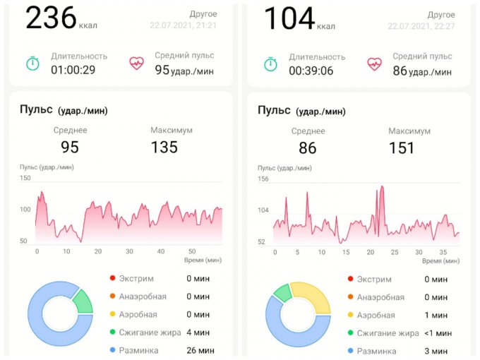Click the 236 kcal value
tap(51, 18)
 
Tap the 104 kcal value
tap(289, 18)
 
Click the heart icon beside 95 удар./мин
tap(136, 63)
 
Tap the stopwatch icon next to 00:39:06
tap(270, 64)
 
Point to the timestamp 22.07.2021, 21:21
tap(183, 25)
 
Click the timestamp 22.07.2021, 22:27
tap(421, 25)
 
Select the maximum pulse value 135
tap(164, 147)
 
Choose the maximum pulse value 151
tap(402, 148)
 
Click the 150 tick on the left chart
tap(25, 179)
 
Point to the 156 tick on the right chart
tap(263, 179)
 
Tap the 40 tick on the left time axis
tap(161, 252)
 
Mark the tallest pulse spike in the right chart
tap(382, 188)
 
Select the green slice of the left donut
tap(83, 300)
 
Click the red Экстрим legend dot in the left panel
tap(113, 279)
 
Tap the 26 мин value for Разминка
tap(198, 350)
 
